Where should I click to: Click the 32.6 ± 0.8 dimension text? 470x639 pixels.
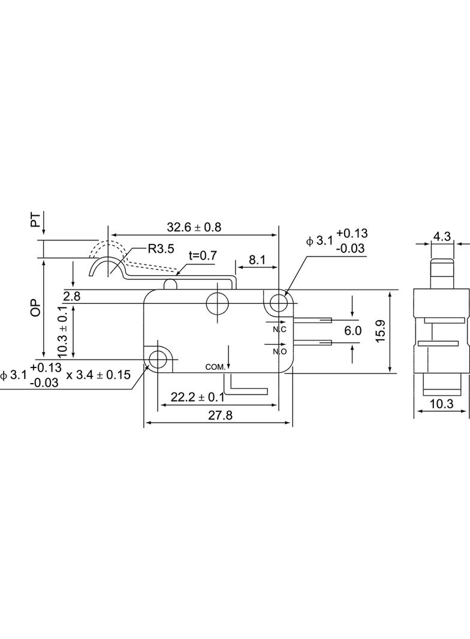pos(194,227)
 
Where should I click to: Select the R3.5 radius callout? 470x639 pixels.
pos(161,248)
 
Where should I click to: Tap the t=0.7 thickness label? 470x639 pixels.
pos(203,255)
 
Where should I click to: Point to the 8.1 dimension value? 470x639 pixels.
pos(257,260)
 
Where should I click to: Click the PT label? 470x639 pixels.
pos(37,219)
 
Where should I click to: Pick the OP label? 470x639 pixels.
pos(37,308)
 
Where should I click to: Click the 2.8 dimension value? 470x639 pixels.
pos(72,296)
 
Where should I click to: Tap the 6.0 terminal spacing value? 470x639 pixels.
pos(352,330)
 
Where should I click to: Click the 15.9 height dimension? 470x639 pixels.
pos(380,331)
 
